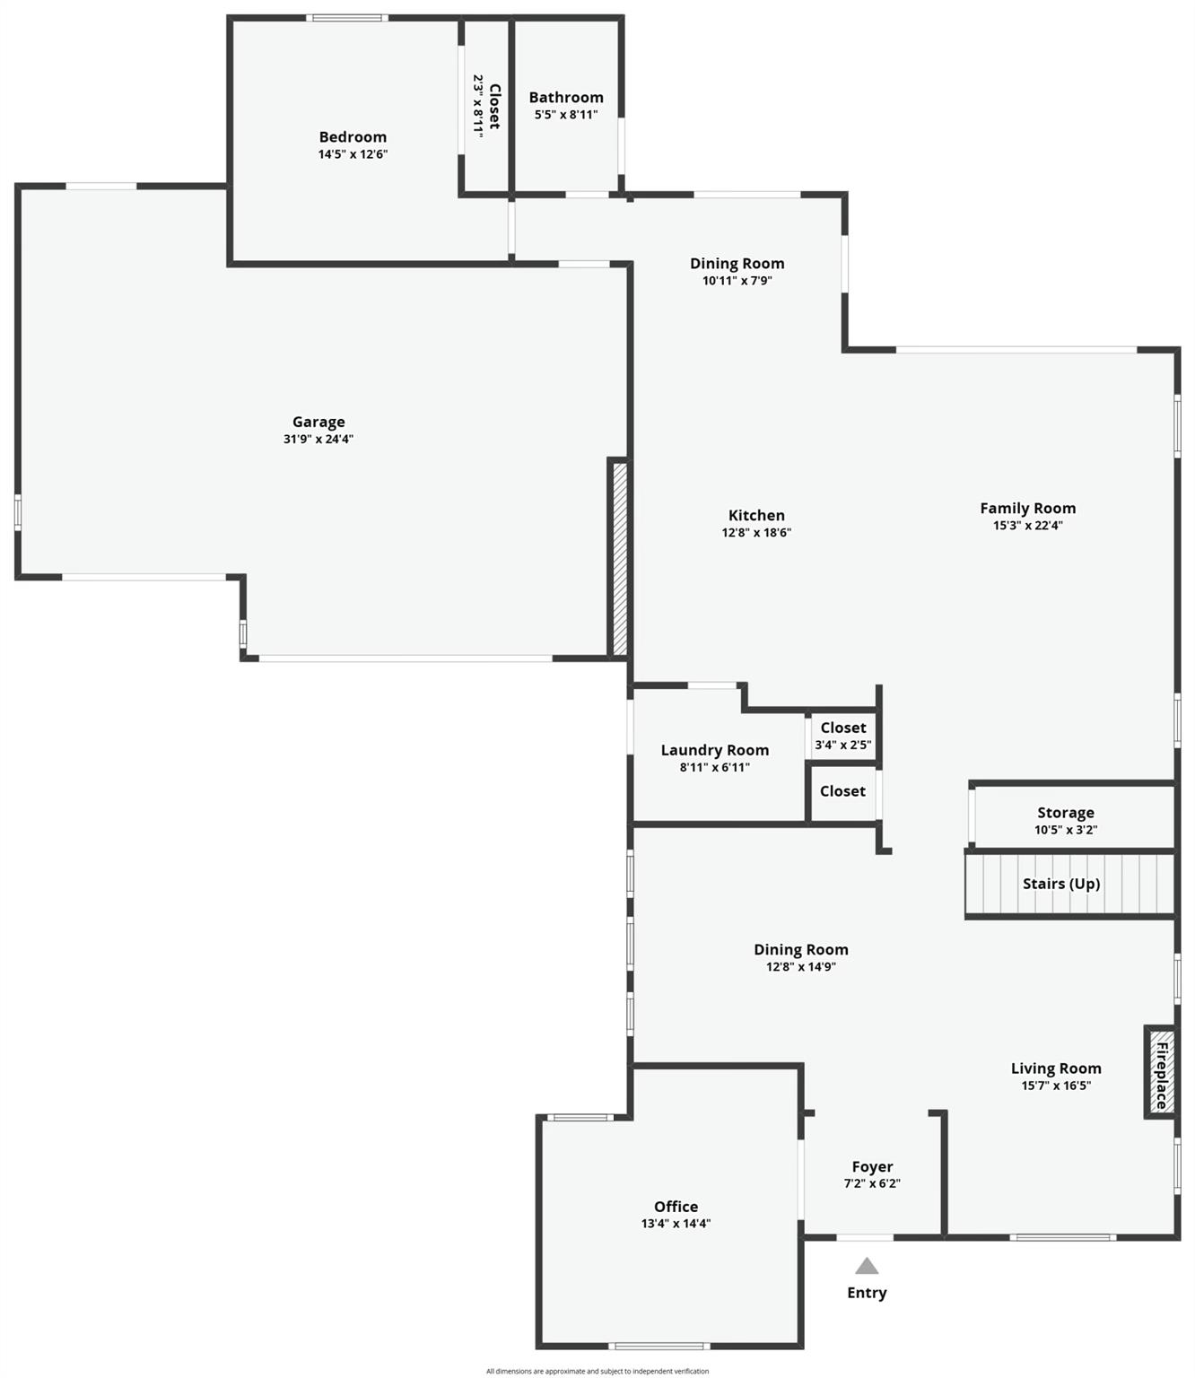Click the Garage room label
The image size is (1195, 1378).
[x=318, y=422]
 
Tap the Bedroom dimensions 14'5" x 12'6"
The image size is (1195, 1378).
[x=353, y=154]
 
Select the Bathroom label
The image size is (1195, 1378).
[x=566, y=97]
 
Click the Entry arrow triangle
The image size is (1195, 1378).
[x=867, y=1266]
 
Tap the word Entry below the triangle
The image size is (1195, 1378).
[x=867, y=1293]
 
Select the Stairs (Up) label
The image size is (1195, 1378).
[x=1061, y=884]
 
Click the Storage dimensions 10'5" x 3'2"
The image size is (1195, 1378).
[x=1066, y=830]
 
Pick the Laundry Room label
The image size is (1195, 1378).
[x=715, y=750]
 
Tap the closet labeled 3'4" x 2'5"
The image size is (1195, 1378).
[x=843, y=736]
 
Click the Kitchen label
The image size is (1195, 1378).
[x=756, y=515]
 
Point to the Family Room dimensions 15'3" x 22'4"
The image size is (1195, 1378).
[x=1028, y=526]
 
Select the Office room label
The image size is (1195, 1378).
[x=676, y=1207]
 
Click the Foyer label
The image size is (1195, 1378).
[x=872, y=1166]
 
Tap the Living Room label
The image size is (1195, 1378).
[x=1056, y=1068]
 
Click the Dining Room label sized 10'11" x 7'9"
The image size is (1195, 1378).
[x=737, y=263]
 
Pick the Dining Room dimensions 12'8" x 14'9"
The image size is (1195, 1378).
[x=801, y=967]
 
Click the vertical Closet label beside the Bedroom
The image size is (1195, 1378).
[x=493, y=106]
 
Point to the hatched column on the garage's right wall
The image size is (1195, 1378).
[x=619, y=558]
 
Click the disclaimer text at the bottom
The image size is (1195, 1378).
[x=597, y=1371]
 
